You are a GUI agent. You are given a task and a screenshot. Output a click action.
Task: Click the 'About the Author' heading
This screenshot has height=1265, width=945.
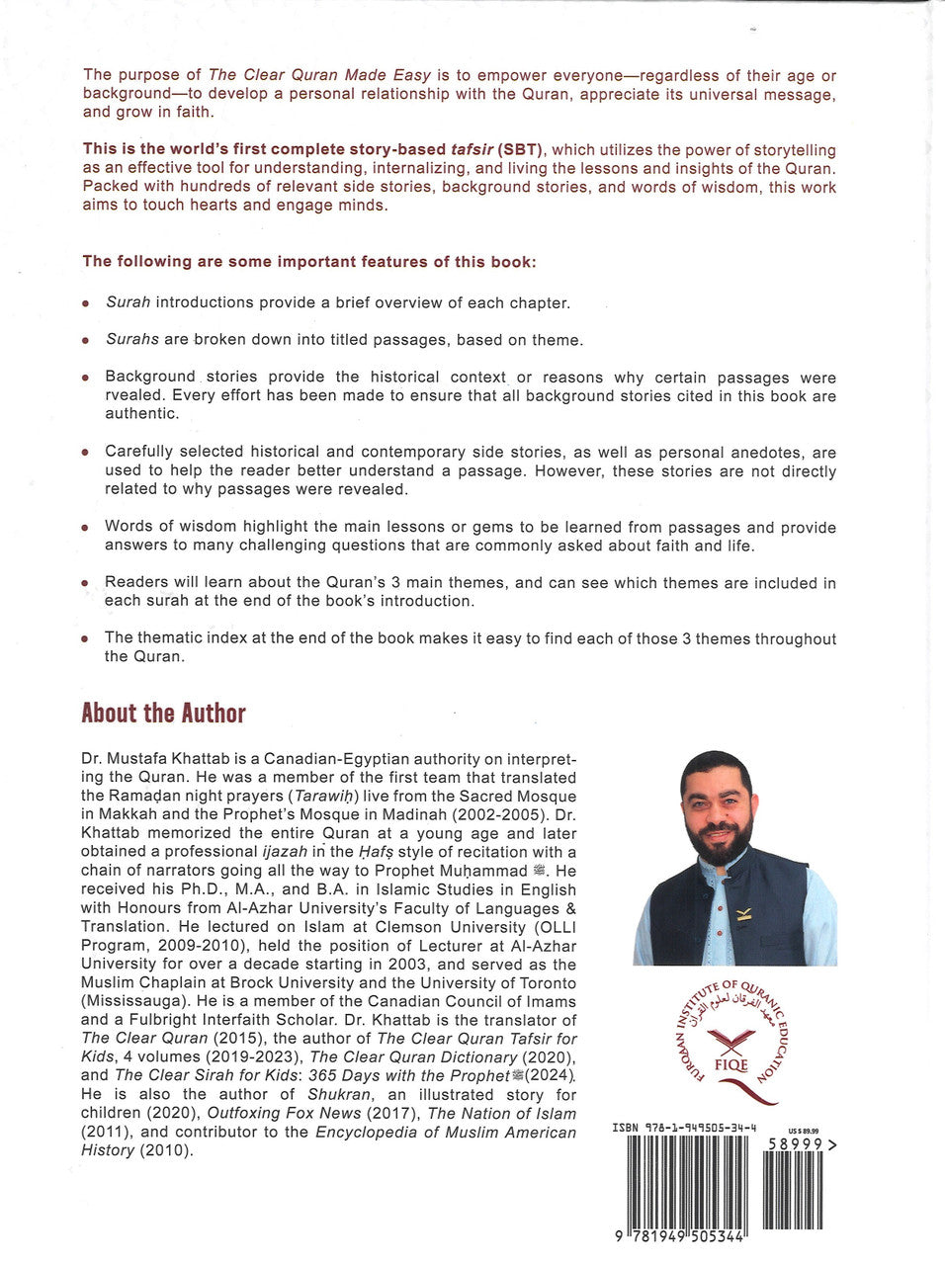pyautogui.click(x=163, y=714)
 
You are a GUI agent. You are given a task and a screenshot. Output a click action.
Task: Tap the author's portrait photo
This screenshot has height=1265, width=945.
pyautogui.click(x=734, y=856)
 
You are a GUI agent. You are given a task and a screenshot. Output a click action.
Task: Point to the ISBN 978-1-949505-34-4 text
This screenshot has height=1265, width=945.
pyautogui.click(x=684, y=1127)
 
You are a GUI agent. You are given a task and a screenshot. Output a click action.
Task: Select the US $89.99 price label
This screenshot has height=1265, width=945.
pyautogui.click(x=803, y=1131)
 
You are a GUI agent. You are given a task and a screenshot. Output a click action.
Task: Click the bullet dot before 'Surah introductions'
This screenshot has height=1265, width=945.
pyautogui.click(x=86, y=304)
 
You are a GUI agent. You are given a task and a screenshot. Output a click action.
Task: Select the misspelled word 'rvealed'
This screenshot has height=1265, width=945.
pyautogui.click(x=131, y=396)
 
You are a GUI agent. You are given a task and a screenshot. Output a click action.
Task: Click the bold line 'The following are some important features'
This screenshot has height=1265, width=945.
pyautogui.click(x=308, y=262)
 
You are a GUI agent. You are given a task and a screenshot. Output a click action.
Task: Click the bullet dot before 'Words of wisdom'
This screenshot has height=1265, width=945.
pyautogui.click(x=86, y=530)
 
